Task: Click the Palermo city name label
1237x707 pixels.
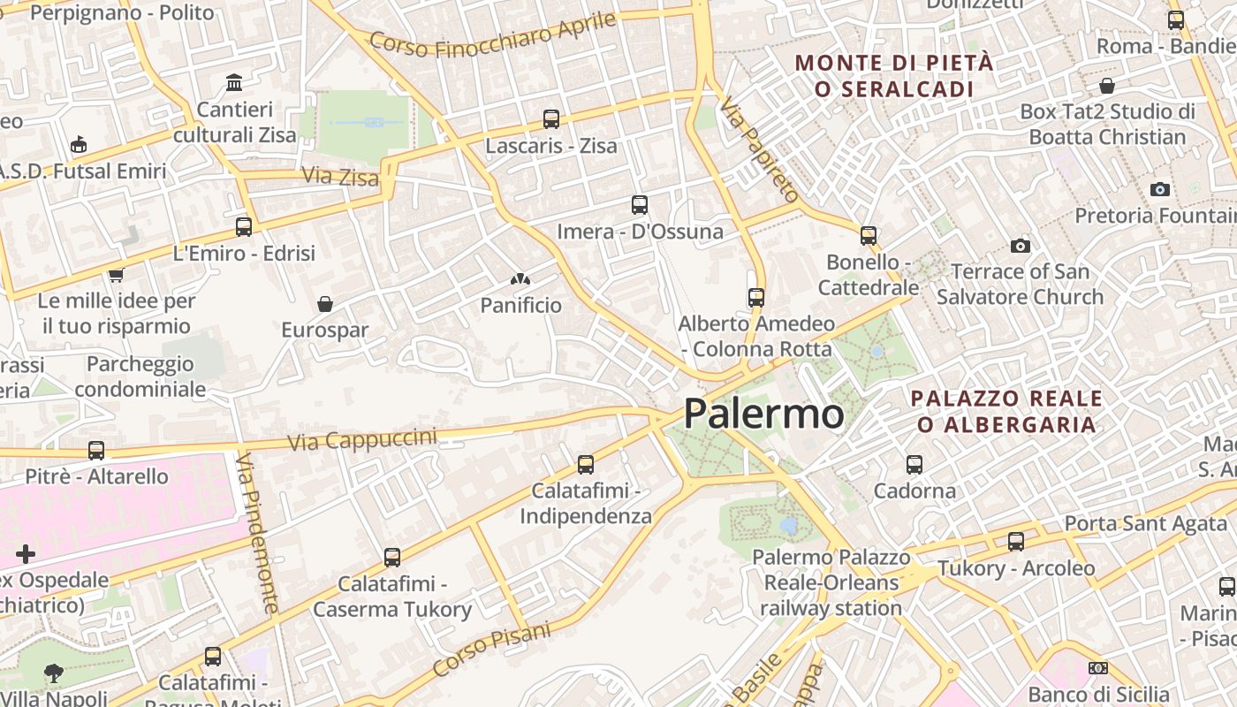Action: [x=763, y=413]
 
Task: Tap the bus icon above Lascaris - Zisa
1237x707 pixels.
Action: [x=551, y=118]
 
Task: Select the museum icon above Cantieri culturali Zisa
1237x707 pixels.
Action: [x=234, y=82]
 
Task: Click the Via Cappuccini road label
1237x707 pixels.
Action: [x=362, y=439]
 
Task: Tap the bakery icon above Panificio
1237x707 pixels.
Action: [x=520, y=279]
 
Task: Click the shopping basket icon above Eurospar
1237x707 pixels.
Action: [x=325, y=304]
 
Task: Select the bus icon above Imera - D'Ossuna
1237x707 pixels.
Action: [x=640, y=205]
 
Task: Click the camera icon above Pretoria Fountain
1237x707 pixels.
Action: [x=1160, y=189]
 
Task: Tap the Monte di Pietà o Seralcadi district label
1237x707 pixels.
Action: [x=894, y=76]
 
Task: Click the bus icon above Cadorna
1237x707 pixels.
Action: [x=914, y=464]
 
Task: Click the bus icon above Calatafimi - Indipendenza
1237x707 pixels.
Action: [x=585, y=464]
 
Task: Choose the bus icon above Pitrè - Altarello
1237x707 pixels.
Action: [x=96, y=451]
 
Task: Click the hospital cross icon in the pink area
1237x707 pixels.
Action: [x=26, y=554]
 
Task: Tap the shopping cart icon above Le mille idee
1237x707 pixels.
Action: [x=116, y=275]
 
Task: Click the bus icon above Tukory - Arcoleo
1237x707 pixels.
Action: [x=1016, y=542]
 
